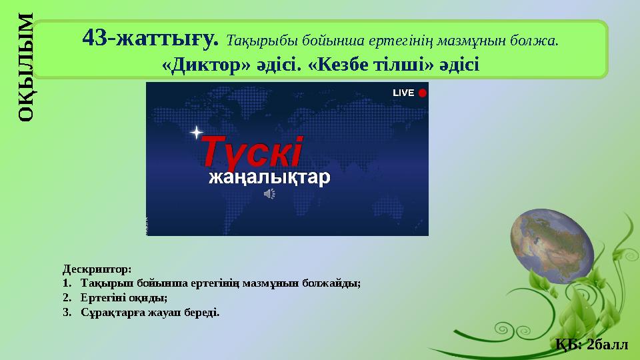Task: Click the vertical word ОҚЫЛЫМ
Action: [x=25, y=67]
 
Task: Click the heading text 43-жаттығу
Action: [x=151, y=39]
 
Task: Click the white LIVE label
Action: [x=403, y=93]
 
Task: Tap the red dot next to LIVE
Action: [x=422, y=93]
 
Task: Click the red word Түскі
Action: [x=253, y=152]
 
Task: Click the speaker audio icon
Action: [x=269, y=193]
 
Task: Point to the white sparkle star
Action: [x=195, y=133]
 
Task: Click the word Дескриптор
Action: [x=97, y=269]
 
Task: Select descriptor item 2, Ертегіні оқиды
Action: [x=123, y=297]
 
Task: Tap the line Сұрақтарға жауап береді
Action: [x=149, y=311]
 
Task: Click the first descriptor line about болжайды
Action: [x=220, y=283]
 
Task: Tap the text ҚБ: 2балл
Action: [x=591, y=344]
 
